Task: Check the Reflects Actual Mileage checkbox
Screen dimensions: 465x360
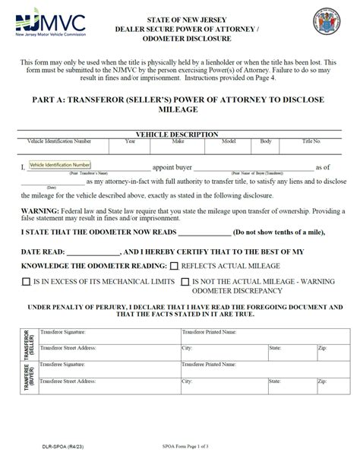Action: coord(175,266)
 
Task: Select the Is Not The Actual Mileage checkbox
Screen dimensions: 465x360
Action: coord(185,282)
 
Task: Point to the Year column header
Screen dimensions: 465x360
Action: coord(130,141)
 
